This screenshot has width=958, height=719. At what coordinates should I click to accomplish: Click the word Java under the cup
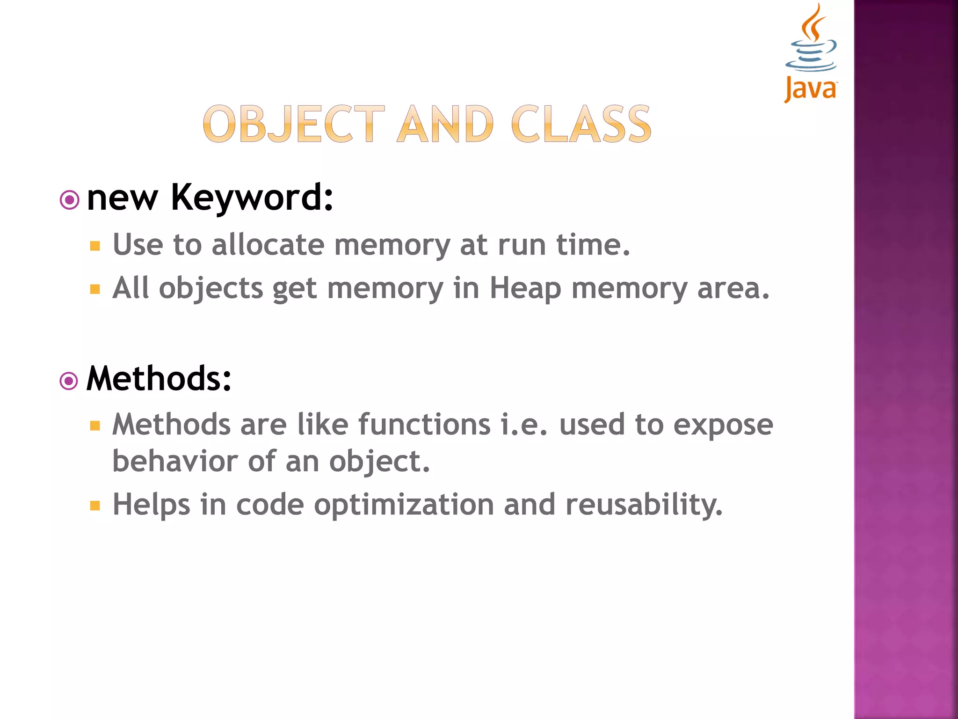(811, 89)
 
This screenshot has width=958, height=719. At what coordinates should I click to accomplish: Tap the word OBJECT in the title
(294, 124)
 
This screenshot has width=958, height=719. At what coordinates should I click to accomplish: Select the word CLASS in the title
(581, 124)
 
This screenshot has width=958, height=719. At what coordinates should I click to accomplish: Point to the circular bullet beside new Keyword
(70, 200)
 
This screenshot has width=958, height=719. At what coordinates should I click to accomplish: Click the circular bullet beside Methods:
(69, 381)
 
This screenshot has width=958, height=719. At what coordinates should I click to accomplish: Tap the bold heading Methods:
(159, 378)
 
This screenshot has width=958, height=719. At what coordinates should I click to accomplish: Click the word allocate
(268, 245)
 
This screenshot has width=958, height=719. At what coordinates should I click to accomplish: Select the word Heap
(525, 288)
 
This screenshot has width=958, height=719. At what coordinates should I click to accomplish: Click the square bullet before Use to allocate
(95, 246)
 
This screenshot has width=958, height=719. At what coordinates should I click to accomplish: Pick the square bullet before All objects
(95, 289)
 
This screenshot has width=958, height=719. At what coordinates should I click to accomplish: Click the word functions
(424, 425)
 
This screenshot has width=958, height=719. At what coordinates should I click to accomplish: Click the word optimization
(404, 505)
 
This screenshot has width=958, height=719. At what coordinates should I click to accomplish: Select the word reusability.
(644, 505)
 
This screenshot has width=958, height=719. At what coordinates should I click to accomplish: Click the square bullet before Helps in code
(95, 506)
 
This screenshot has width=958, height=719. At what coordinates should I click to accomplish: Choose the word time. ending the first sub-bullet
(593, 245)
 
